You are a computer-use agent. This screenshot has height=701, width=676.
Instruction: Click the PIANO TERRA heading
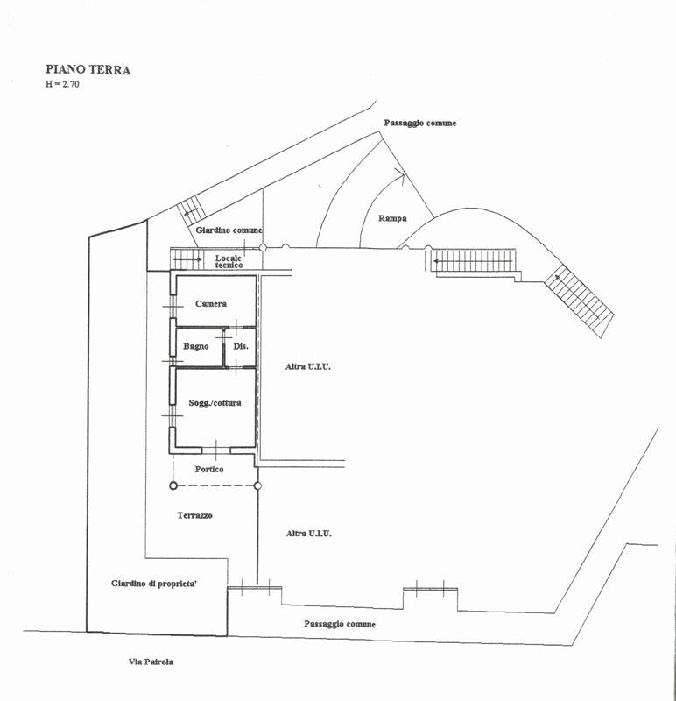point(88,70)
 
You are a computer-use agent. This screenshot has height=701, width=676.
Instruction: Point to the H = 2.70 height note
point(62,84)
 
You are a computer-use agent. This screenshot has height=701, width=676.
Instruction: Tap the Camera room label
point(211,303)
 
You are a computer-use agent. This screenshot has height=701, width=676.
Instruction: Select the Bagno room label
point(195,346)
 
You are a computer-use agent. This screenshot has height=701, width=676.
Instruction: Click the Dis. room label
point(241,346)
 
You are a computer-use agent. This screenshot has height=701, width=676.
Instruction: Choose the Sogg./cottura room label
point(215,403)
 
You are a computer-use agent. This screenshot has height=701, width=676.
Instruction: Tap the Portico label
point(209,469)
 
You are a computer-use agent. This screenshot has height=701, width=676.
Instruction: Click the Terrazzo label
point(194,515)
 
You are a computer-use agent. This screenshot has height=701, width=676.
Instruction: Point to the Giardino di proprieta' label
point(154,584)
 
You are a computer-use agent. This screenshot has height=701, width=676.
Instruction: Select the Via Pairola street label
point(151,662)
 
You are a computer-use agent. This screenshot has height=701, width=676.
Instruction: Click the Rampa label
point(392,218)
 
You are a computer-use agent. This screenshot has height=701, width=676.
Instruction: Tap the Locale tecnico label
point(229,261)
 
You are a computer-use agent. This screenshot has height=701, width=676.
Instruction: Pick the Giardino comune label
point(229,230)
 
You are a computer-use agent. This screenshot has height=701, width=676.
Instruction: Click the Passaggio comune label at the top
point(420,123)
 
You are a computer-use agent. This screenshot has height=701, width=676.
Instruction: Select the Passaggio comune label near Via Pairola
point(340,624)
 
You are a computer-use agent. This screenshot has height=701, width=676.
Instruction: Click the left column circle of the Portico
point(173,485)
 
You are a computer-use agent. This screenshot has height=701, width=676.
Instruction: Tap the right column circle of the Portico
point(257,485)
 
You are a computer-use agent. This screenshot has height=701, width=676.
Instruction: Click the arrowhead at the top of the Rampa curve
point(401,173)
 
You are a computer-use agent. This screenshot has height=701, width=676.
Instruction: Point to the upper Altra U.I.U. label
point(308,366)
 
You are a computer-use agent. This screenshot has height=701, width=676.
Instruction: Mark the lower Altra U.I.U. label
point(309,534)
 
